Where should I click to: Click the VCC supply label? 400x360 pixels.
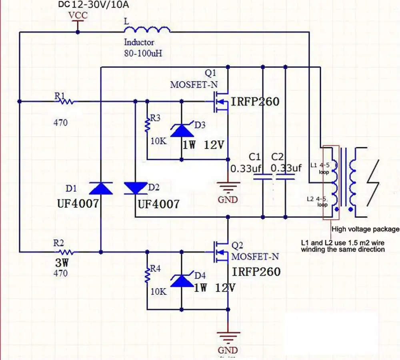point(78,15)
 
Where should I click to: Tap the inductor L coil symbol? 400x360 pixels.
point(147,30)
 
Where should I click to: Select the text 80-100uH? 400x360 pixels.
point(143,53)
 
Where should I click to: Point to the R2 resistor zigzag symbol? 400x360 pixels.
point(66,252)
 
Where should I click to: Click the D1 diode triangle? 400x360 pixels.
point(101,188)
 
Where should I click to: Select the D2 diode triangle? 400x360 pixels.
point(136,188)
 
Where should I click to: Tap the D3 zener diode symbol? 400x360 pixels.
point(182,130)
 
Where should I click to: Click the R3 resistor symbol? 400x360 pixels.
point(147,125)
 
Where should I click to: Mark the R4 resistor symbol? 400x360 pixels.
point(147,275)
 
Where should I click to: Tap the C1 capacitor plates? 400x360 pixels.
point(263,177)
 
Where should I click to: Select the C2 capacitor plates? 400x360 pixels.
point(286,177)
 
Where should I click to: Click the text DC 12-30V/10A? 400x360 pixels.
point(93,4)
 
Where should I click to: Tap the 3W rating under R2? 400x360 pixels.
point(62,263)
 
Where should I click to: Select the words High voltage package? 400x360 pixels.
point(366,229)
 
